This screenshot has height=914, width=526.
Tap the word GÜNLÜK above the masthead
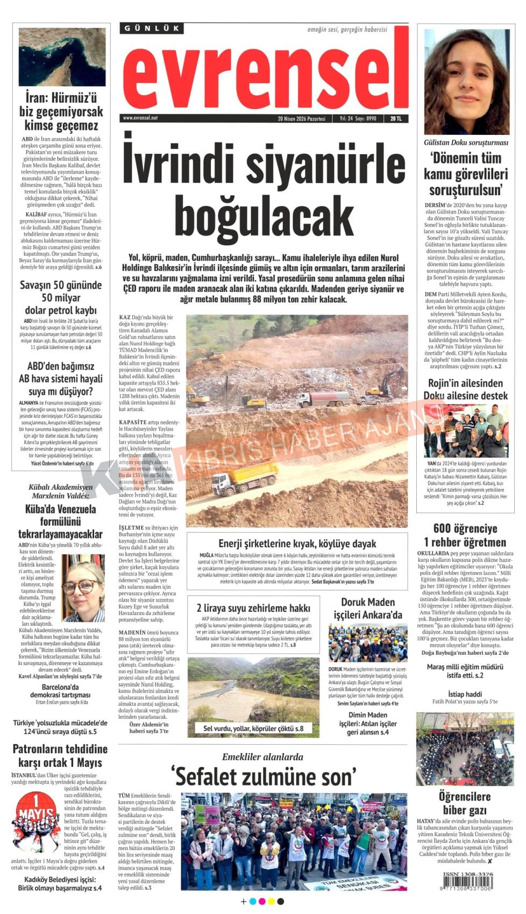click(x=152, y=28)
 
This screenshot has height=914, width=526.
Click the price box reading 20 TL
click(x=396, y=119)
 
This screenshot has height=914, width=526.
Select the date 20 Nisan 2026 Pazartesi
click(x=301, y=119)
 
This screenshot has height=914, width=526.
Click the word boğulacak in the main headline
click(x=264, y=215)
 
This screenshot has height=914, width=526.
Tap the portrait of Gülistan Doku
click(x=466, y=81)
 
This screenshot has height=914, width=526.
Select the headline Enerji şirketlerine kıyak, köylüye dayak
click(x=297, y=544)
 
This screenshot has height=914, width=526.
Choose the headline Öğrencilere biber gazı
click(x=465, y=803)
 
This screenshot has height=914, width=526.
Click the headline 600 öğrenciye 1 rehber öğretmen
click(x=465, y=535)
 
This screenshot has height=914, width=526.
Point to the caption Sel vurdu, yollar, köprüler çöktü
click(x=253, y=729)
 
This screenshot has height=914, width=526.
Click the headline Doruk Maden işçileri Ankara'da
click(x=367, y=608)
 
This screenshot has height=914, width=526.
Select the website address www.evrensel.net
click(x=140, y=118)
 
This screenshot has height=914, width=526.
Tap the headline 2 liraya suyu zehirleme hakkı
click(x=253, y=608)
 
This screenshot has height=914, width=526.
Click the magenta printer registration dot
click(x=262, y=902)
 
